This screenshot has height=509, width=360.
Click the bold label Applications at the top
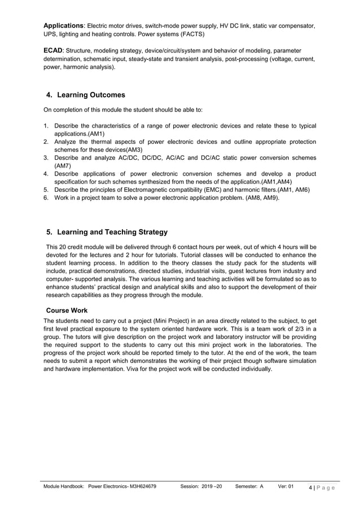(64, 26)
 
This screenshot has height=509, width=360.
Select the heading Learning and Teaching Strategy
(112, 232)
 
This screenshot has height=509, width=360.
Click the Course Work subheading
(67, 310)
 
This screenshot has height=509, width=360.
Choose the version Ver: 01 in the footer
(286, 486)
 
